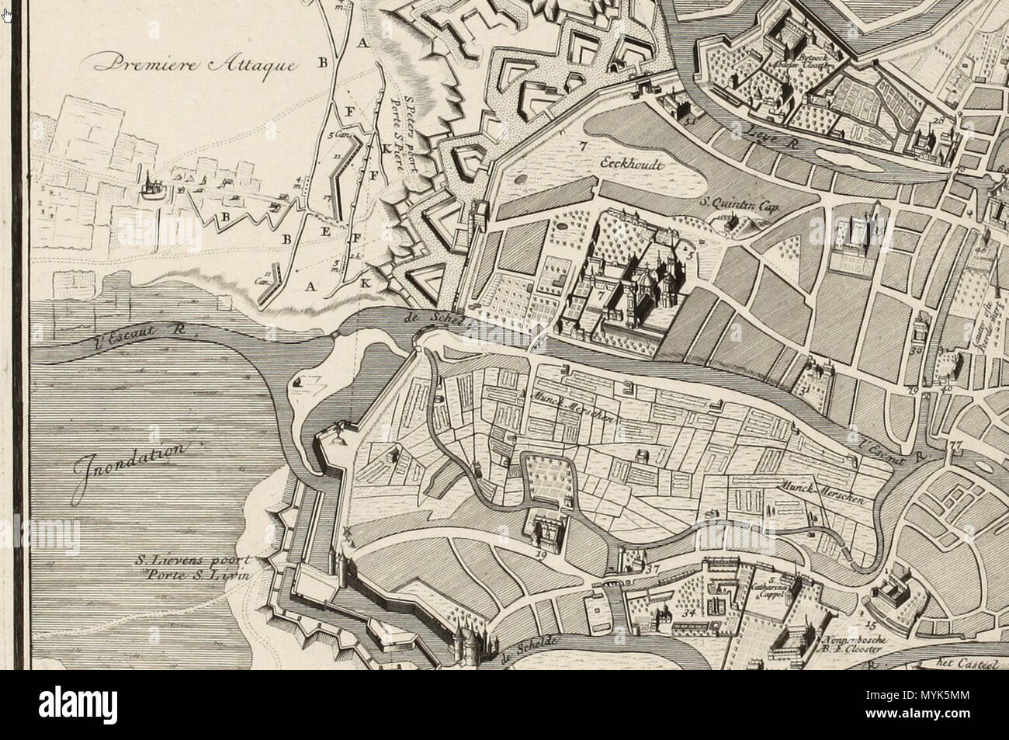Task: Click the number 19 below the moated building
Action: tap(541, 556)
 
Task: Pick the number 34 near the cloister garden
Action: tap(688, 613)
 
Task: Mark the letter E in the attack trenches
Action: tap(325, 231)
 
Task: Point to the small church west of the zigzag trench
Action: tap(147, 184)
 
